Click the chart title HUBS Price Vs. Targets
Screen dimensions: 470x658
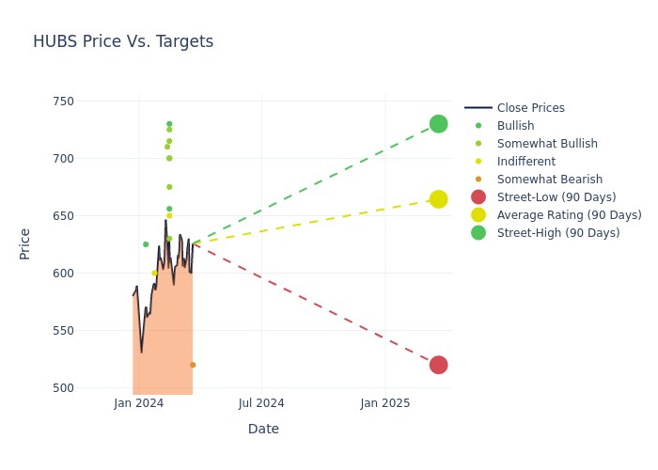[x=123, y=41]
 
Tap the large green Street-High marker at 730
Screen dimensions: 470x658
[x=438, y=124]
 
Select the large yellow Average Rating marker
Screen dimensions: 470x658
[x=438, y=199]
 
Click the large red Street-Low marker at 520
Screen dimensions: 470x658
[x=438, y=365]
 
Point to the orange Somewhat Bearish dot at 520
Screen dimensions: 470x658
[x=193, y=365]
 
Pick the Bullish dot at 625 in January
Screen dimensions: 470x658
[x=146, y=244]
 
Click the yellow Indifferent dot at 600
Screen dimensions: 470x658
[x=154, y=273]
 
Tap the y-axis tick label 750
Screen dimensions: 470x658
[x=87, y=102]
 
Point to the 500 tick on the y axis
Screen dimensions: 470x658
[x=87, y=388]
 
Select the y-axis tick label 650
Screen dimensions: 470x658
[x=87, y=216]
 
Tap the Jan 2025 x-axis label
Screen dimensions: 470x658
[x=384, y=403]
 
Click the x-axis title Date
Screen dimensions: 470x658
[x=263, y=430]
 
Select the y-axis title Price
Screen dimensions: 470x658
[x=24, y=244]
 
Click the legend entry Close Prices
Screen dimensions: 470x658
[x=530, y=108]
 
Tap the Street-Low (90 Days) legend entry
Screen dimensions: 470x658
[x=556, y=197]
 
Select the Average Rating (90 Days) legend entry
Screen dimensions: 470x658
[x=569, y=215]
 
